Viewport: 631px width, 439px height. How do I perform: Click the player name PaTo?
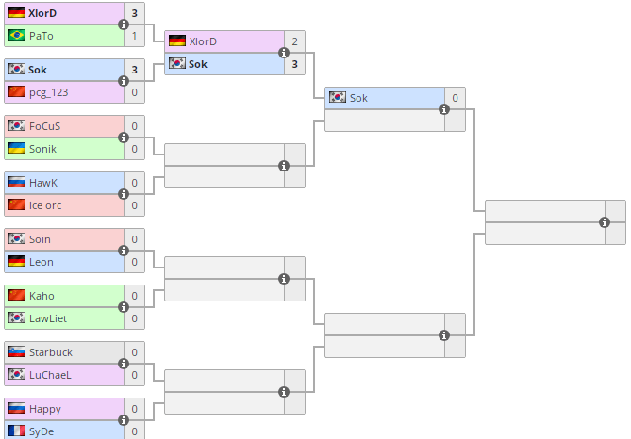pos(42,36)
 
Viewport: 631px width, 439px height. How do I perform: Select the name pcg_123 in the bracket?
pos(48,92)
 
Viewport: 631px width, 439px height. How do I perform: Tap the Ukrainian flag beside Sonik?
pos(16,149)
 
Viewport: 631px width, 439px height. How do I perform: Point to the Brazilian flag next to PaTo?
pos(16,36)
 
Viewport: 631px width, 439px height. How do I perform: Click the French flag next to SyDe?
pos(16,431)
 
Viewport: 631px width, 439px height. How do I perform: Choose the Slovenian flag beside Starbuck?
pos(16,352)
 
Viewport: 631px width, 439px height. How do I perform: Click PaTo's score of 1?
pos(134,36)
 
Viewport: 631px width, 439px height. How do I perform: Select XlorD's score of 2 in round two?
pos(294,41)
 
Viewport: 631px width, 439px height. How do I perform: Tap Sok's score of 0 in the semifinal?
pos(455,98)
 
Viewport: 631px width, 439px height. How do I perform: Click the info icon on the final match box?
pos(605,222)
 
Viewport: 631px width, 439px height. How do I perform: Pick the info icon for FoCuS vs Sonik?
pos(124,138)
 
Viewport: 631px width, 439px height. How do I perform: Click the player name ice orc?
pos(46,205)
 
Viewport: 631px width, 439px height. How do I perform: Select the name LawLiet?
pos(48,318)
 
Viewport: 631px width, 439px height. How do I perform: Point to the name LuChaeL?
pos(50,375)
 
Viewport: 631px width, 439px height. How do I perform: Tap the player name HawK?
pos(43,183)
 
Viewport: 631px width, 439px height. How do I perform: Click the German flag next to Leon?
pos(16,262)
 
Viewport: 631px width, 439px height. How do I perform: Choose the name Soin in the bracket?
pos(41,239)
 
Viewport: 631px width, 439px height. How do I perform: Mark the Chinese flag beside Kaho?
pos(16,296)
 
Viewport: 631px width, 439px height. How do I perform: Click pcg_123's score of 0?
pos(134,92)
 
